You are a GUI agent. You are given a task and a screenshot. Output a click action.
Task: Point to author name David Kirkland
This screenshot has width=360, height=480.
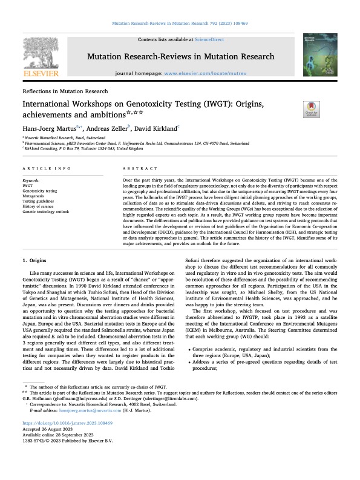[156, 129]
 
